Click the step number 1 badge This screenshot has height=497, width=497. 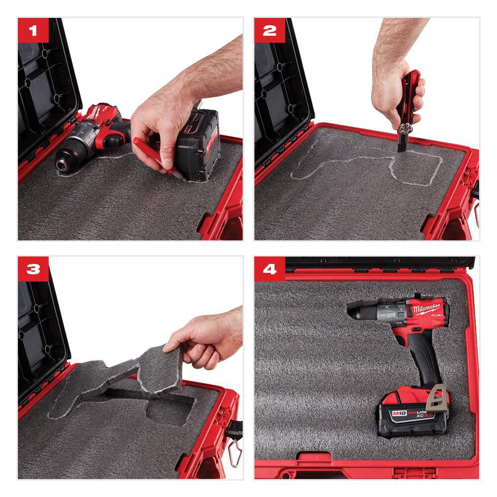[x=33, y=30]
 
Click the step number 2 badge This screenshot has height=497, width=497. [x=269, y=30]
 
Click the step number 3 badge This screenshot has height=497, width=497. [x=33, y=269]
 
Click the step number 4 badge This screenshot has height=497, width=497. [x=269, y=269]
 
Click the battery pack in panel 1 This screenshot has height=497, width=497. [x=199, y=144]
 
